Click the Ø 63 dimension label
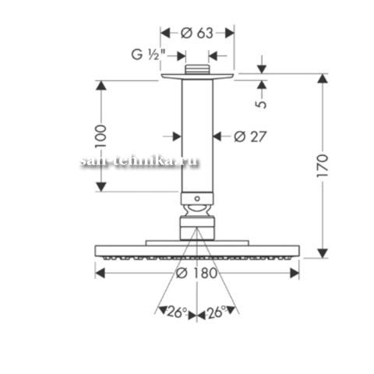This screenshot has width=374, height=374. coord(197,33)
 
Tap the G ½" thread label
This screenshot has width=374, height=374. coord(149,55)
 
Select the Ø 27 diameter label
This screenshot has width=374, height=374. coord(250,136)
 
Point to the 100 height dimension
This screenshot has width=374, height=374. coord(101,136)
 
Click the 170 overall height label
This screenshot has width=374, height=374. coord(323,166)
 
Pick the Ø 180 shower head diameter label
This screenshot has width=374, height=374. coord(196,273)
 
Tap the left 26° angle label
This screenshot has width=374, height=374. coord(177,312)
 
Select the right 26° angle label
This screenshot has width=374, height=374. coord(217,312)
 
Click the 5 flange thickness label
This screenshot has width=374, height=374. coord(261,104)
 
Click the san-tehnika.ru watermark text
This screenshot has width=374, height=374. coord(139,161)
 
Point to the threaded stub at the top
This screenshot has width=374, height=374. coord(197,69)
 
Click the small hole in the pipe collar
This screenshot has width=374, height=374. coord(197,199)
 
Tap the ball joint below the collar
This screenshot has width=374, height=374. coord(197,210)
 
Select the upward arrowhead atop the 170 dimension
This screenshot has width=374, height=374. coord(323,79)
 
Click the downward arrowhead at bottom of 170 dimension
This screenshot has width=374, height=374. coord(323,253)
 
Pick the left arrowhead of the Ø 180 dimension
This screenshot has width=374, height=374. coord(101,273)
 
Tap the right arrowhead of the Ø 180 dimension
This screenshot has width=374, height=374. coord(295,273)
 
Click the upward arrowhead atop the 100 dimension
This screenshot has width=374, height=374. coord(101,86)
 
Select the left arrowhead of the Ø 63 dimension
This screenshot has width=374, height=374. coord(165,34)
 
